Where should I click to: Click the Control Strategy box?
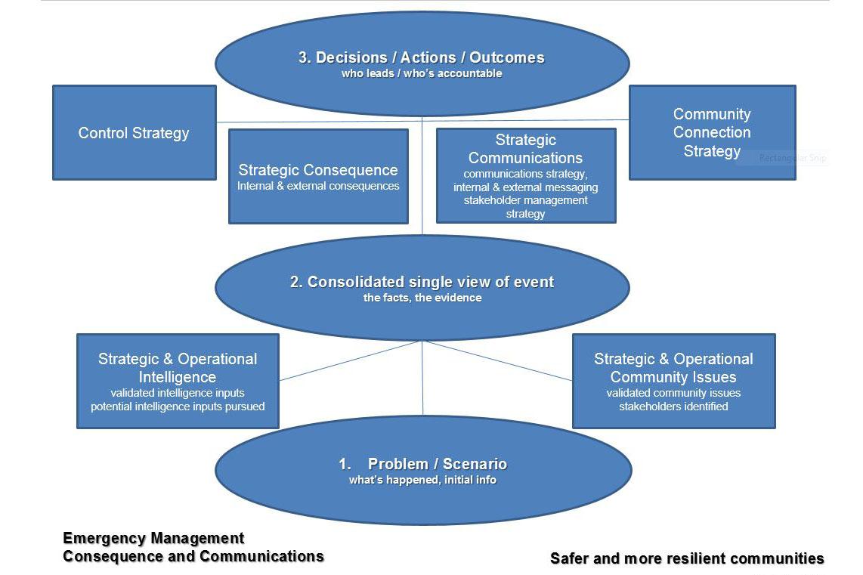pos(134,133)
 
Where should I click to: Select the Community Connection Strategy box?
pos(711,132)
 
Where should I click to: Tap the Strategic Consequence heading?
pos(318,170)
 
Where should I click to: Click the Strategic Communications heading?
pos(525,149)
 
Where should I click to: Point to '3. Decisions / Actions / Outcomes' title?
pos(422,57)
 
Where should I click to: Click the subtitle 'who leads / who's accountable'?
pos(422,74)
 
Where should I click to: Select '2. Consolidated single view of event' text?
pos(422,282)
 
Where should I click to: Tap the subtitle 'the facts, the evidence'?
pos(422,298)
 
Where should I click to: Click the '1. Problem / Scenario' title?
pos(422,464)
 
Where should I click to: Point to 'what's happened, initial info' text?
pos(422,480)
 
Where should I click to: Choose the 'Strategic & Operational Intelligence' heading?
pos(178,368)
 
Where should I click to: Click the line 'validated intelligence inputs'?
pos(178,393)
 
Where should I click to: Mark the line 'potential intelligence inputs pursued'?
pos(178,407)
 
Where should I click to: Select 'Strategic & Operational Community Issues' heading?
pos(673,368)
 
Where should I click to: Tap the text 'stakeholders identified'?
pos(673,407)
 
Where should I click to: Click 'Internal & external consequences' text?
pos(318,186)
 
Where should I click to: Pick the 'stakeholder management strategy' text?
pos(525,207)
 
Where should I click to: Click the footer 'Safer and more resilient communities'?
pos(687,558)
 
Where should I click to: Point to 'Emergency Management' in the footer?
pos(153,538)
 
